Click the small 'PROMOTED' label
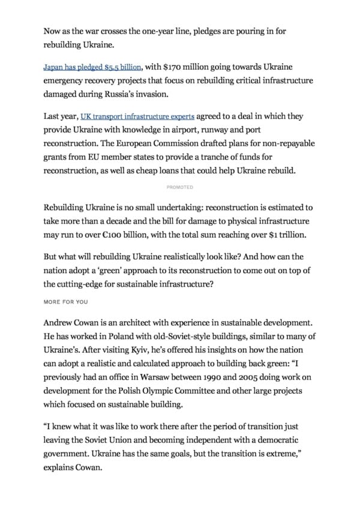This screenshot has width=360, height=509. pos(180,188)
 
